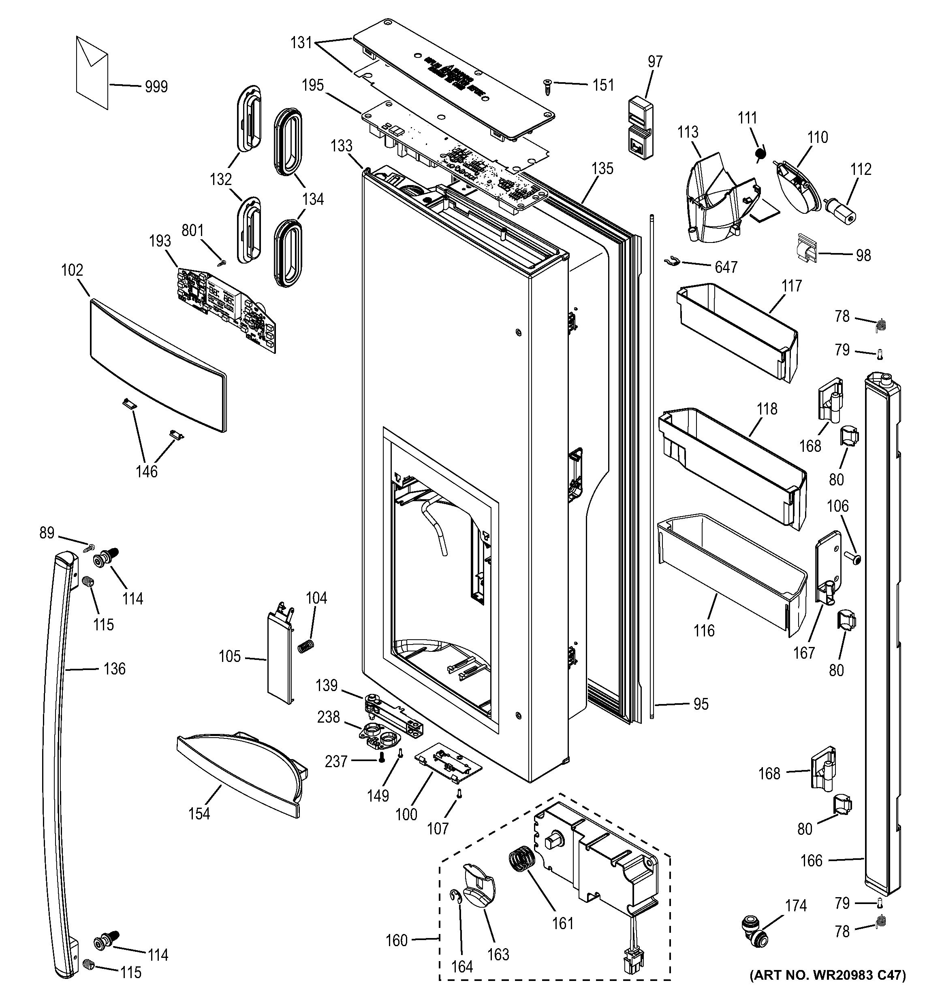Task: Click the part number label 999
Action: (x=156, y=87)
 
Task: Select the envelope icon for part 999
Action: (x=92, y=72)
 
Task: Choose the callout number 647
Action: (x=726, y=267)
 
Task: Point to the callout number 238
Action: (x=328, y=717)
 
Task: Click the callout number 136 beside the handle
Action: (x=115, y=669)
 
